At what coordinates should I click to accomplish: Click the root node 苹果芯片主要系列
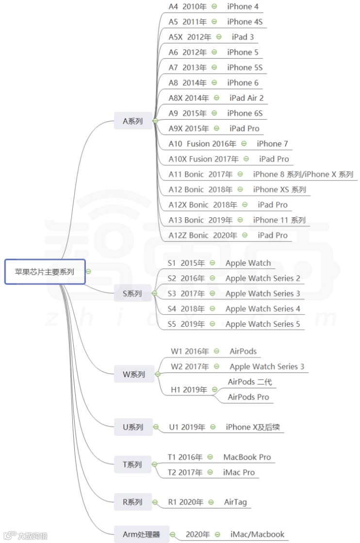[x=45, y=271]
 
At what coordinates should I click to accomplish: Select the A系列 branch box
[x=132, y=121]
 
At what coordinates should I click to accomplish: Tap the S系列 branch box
[x=132, y=293]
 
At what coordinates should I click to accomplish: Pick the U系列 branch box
[x=132, y=427]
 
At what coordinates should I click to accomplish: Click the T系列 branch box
[x=132, y=464]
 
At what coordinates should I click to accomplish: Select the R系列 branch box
[x=132, y=502]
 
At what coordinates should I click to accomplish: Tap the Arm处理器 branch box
[x=141, y=534]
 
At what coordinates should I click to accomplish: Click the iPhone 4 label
[x=243, y=6]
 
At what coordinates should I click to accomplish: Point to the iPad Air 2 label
[x=246, y=98]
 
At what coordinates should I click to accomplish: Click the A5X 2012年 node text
[x=190, y=37]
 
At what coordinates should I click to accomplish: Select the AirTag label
[x=235, y=502]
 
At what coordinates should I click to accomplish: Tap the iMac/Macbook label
[x=257, y=534]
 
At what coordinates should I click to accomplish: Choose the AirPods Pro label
[x=248, y=397]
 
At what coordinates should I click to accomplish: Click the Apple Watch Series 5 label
[x=262, y=324]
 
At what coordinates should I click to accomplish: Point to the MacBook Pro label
[x=247, y=457]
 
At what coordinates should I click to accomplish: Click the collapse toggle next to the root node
[x=88, y=271]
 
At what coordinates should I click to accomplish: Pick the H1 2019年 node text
[x=189, y=389]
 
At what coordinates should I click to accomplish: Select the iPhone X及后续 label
[x=253, y=427]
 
